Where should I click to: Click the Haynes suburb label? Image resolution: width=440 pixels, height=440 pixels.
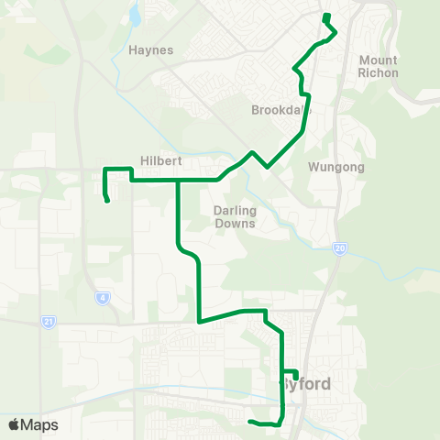pos(151,49)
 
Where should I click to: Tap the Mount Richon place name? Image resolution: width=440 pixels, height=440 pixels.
pos(379,67)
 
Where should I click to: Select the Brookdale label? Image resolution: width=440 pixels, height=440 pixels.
pos(276,110)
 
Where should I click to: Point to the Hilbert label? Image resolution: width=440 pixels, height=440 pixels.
pos(161,160)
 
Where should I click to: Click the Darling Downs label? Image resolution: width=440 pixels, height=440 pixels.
pos(234,216)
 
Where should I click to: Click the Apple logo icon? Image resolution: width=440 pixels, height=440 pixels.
pos(15,424)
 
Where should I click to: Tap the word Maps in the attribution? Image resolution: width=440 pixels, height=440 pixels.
pos(39,424)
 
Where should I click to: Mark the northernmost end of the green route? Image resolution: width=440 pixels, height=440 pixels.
pos(326,16)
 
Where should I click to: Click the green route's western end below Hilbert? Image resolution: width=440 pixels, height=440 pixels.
pos(108,201)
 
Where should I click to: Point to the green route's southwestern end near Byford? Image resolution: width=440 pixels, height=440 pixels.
pos(249,422)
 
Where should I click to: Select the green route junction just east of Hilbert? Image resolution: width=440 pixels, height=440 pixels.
pos(178,181)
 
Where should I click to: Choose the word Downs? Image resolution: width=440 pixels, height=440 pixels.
pos(234,223)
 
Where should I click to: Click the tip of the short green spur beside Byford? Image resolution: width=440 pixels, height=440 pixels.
pos(296,377)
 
